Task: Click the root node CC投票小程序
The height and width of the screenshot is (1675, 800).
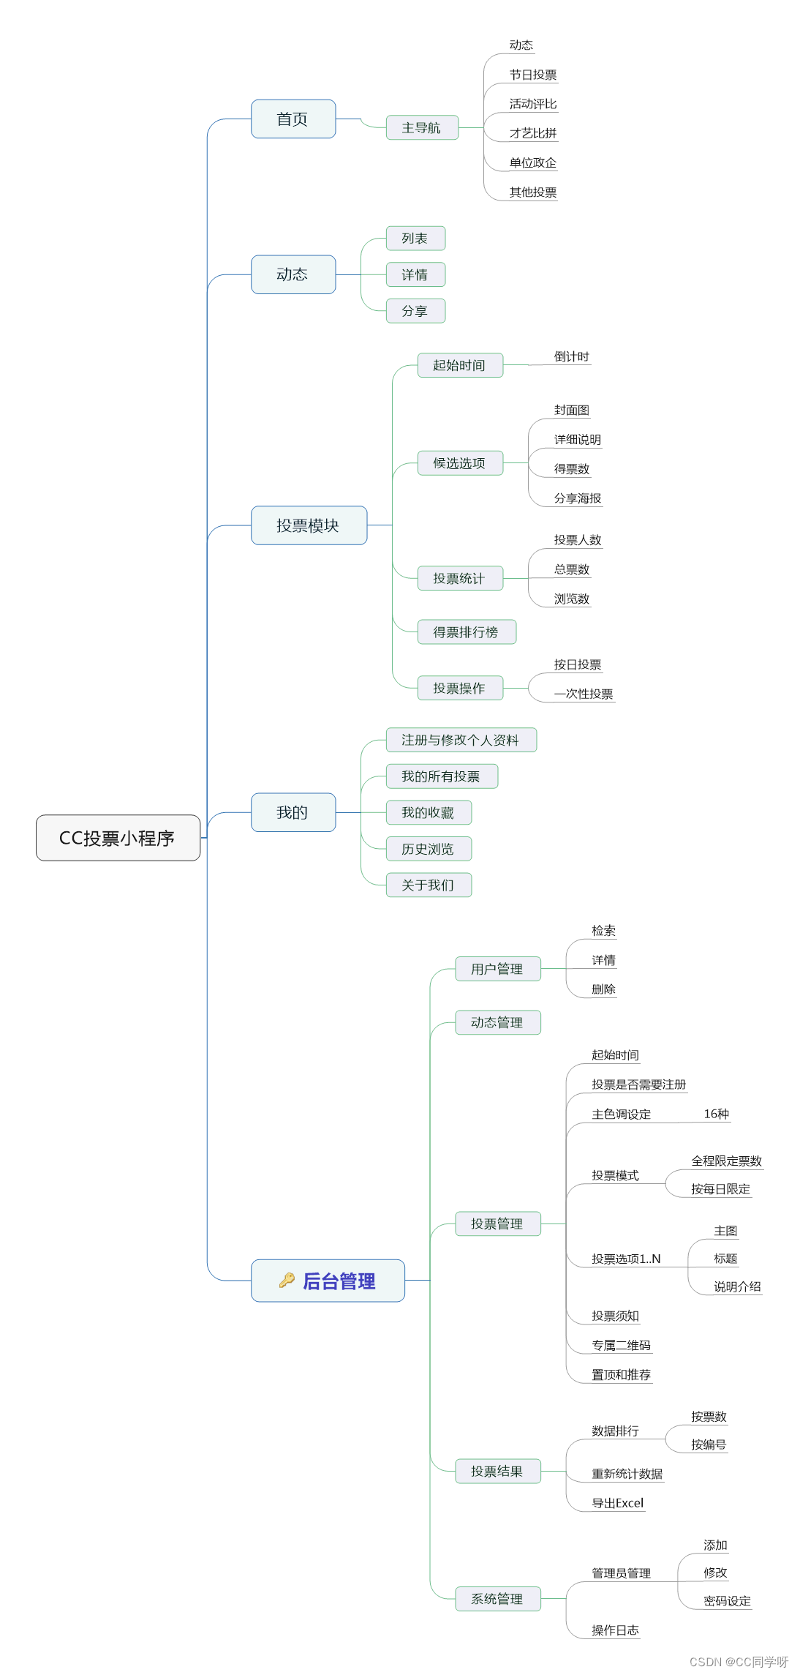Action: [x=118, y=838]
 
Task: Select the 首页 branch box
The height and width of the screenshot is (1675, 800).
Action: [x=293, y=119]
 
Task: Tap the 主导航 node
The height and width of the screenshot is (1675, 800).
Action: [x=421, y=128]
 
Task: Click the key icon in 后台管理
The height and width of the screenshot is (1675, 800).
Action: [x=287, y=1280]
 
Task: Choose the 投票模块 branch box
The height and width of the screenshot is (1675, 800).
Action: [x=308, y=525]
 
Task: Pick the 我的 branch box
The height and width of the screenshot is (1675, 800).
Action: [x=293, y=812]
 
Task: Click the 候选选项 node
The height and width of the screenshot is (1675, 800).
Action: [x=459, y=463]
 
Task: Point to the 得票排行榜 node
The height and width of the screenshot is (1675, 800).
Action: [x=466, y=632]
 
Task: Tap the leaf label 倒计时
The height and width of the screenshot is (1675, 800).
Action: [x=571, y=357]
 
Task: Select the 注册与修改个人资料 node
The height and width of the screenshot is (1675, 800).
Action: [x=460, y=740]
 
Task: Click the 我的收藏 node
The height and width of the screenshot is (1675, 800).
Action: [x=428, y=812]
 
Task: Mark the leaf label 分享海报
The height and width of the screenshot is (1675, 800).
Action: [x=578, y=498]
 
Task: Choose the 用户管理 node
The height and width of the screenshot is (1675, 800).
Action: [x=497, y=969]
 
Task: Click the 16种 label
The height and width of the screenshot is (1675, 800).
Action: [x=716, y=1114]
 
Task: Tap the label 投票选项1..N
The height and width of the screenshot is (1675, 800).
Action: [x=626, y=1259]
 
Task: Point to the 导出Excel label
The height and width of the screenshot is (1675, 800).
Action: [x=618, y=1503]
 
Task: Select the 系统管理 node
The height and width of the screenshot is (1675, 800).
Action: [x=497, y=1599]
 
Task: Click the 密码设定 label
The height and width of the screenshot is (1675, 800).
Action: [x=727, y=1601]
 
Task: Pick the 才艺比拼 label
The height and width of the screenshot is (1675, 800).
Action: [x=533, y=133]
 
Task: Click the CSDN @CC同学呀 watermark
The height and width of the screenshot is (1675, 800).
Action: [x=739, y=1662]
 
